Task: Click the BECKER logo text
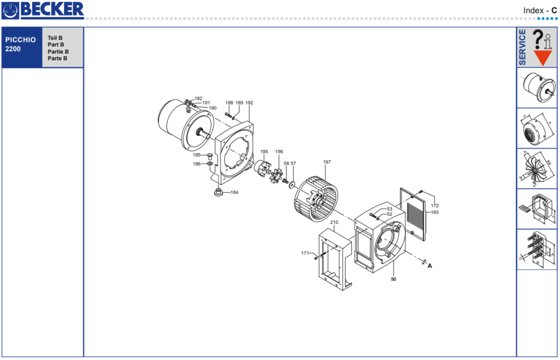[x=52, y=10]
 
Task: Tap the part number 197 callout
[x=327, y=162]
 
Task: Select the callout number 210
[x=334, y=222]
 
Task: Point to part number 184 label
[x=234, y=193]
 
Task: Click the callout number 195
[x=264, y=152]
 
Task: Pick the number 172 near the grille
[x=435, y=206]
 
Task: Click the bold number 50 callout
[x=394, y=279]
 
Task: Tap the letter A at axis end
[x=430, y=266]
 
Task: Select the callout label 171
[x=305, y=253]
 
